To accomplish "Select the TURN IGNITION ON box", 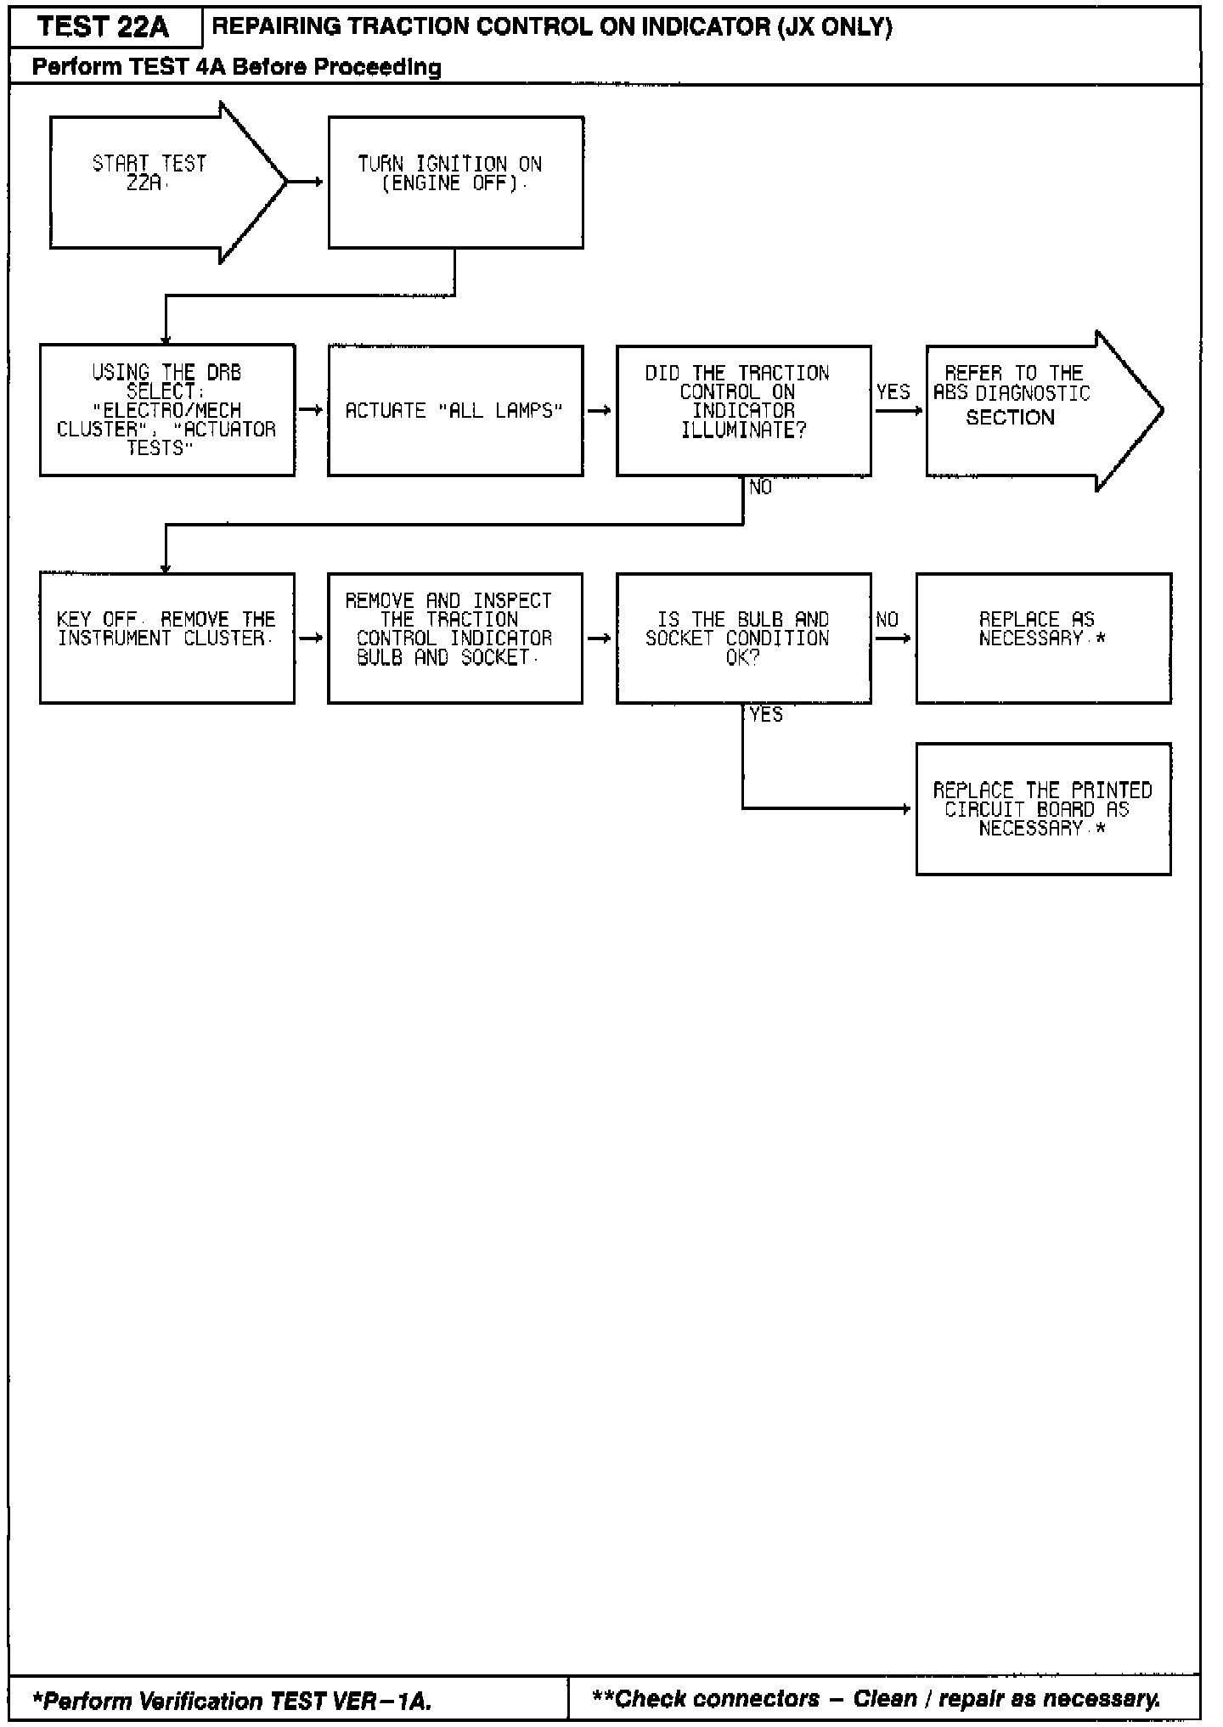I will [x=455, y=182].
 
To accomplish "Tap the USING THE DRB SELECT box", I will [x=167, y=410].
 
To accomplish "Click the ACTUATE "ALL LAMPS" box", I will [x=455, y=410].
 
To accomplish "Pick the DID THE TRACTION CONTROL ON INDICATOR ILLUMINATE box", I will [x=743, y=410].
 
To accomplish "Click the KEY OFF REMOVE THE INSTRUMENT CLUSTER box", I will [x=167, y=638].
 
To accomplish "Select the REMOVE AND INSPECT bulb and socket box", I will [x=455, y=638].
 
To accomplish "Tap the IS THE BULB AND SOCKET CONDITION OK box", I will [x=743, y=638].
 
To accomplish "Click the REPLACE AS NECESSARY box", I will [x=1043, y=638].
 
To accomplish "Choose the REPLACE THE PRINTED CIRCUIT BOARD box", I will [x=1043, y=808].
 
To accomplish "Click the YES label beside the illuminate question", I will [x=893, y=391].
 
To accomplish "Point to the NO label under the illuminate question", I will [x=761, y=487].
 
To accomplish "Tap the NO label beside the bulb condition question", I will [x=887, y=619].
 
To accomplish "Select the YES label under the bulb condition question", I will [x=766, y=715].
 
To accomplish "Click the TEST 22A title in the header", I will [x=104, y=27].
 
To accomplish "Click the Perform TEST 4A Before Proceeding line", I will [x=237, y=67].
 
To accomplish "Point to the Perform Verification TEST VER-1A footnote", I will [x=232, y=1701].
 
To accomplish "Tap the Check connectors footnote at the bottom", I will [x=875, y=1699].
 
